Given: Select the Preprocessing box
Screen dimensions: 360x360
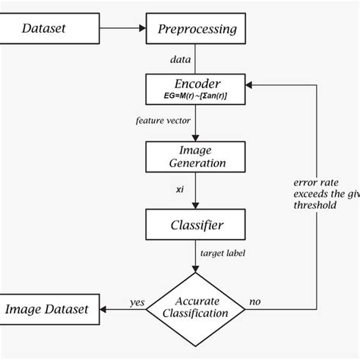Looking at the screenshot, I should (x=197, y=30).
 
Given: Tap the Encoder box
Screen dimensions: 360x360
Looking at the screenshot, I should (x=197, y=90).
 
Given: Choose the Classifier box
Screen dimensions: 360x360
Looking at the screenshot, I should (x=197, y=225).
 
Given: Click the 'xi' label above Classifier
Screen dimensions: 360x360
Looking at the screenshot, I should (x=179, y=190).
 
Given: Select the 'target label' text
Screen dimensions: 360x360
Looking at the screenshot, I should (x=222, y=253).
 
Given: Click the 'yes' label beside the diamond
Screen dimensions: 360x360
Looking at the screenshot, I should (x=137, y=302).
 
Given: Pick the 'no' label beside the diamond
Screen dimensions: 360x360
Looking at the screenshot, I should (x=255, y=302).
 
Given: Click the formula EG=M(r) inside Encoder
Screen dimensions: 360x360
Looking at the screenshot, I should (x=197, y=97).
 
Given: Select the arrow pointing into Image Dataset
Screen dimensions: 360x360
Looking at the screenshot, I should (x=114, y=309).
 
